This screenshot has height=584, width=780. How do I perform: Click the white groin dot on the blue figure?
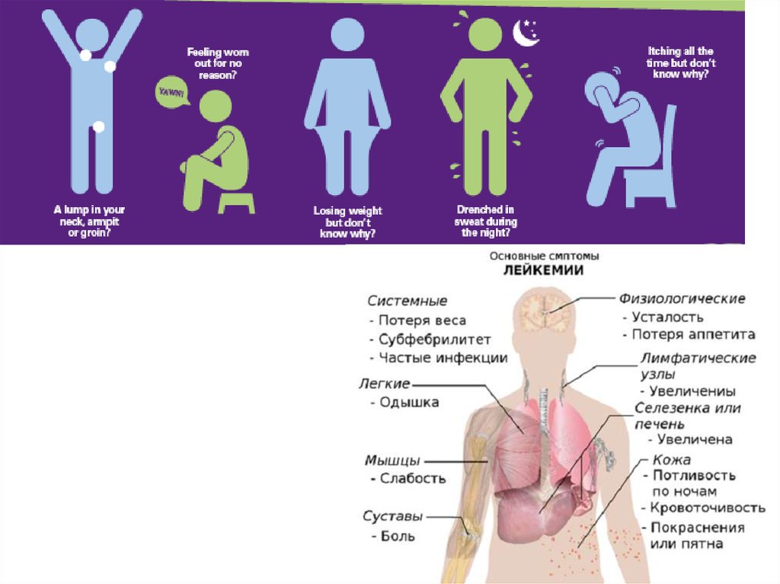pos(98,127)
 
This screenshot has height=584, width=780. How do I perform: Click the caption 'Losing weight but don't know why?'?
pos(348,222)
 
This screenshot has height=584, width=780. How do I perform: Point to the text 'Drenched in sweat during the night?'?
pos(487,221)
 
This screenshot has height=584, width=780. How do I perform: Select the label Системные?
pos(408,301)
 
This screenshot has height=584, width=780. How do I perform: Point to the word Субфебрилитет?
pos(434,340)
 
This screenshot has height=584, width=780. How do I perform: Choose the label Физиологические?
pos(682,298)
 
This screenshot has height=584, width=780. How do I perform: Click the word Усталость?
pos(668,317)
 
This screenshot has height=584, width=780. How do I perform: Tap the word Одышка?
pos(409,402)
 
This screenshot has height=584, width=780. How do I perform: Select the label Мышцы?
pos(392,460)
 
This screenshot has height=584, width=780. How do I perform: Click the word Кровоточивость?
pos(707,509)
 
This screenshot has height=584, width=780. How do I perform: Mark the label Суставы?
pos(392,517)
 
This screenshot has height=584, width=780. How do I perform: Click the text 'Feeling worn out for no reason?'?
pos(218,63)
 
